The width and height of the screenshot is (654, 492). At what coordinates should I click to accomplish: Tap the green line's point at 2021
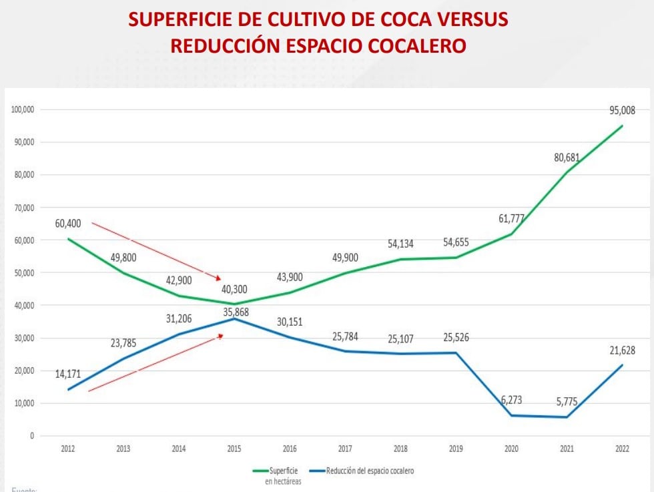567,172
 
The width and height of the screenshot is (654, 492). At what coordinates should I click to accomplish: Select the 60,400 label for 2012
68,223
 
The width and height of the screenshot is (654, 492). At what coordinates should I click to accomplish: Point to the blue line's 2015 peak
234,318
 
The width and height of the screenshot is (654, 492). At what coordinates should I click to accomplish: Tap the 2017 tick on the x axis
345,449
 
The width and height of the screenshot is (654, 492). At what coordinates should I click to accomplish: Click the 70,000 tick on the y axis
23,208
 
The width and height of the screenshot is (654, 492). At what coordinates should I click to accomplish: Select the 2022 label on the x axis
623,449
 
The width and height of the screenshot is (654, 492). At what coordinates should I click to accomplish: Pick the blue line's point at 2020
512,415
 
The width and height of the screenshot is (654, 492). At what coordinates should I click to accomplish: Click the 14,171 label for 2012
68,374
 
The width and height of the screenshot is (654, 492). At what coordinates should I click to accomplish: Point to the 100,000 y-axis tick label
22,109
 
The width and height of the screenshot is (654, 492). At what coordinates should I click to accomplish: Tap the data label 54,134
400,244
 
